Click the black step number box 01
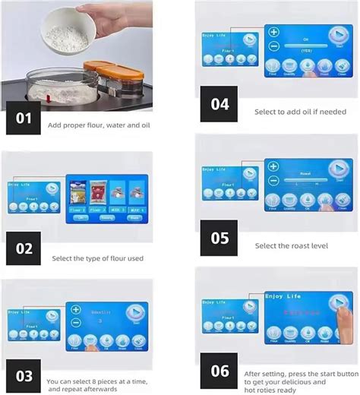point(24,118)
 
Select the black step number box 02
point(24,248)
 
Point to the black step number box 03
point(24,376)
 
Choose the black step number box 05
point(219,238)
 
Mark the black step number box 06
point(219,371)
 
